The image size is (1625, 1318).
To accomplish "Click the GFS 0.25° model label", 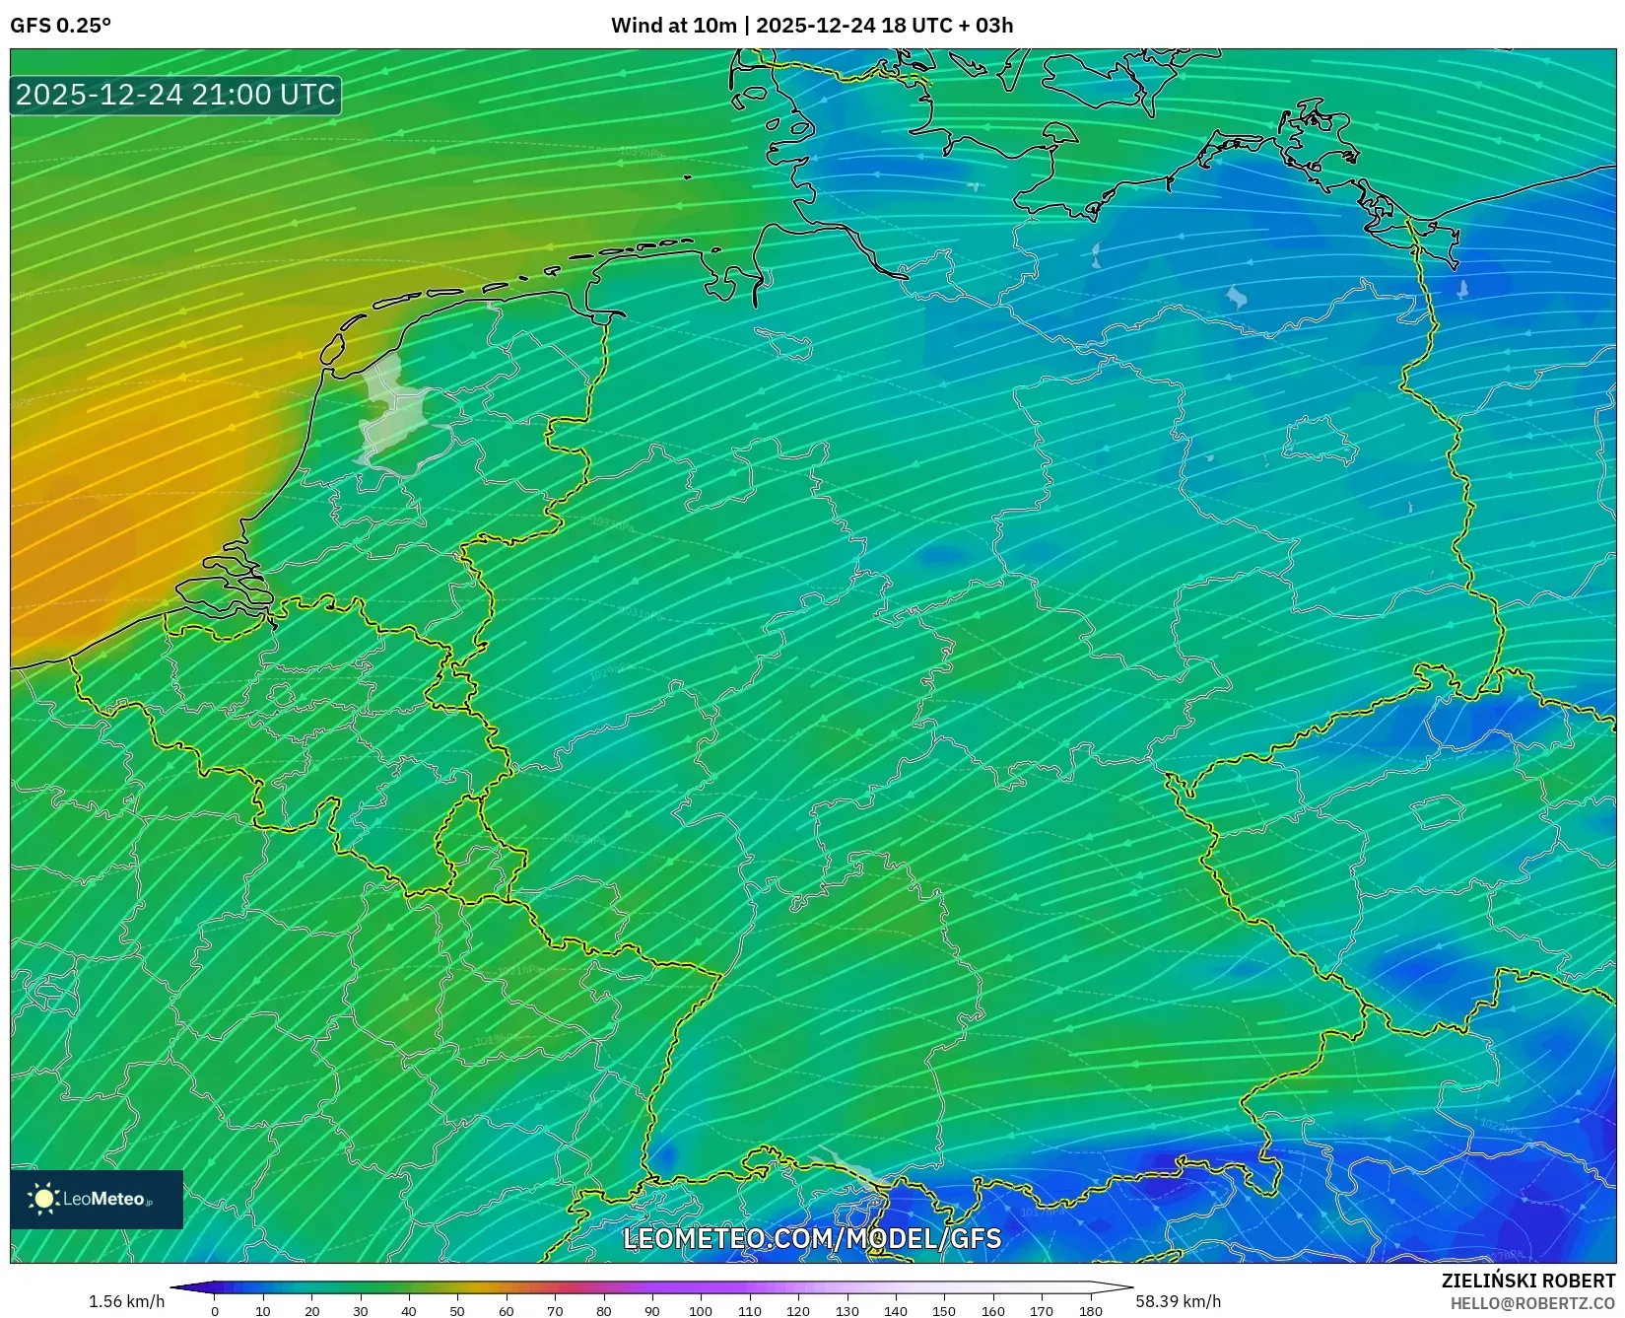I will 60,26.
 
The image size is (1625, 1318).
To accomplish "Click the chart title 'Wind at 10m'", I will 673,26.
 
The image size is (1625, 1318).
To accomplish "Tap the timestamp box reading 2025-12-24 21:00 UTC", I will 175,95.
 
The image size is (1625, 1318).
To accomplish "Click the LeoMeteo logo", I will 97,1199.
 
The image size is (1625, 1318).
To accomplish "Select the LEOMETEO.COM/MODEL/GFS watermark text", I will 812,1238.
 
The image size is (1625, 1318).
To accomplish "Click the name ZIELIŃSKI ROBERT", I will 1527,1282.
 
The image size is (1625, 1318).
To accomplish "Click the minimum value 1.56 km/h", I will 127,1301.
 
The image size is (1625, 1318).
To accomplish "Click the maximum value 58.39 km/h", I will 1178,1301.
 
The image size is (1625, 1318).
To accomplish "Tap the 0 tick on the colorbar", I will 215,1311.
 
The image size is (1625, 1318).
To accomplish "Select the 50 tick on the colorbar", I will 457,1311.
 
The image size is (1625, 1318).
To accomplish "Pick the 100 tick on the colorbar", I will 701,1311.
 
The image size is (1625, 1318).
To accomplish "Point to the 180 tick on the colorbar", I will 1090,1311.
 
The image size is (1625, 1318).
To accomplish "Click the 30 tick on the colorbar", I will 361,1311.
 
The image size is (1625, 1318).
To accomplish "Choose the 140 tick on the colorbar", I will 896,1311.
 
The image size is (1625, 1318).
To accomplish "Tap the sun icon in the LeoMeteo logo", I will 44,1199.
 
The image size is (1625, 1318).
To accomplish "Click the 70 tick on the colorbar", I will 555,1311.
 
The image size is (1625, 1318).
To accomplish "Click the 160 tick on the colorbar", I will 992,1311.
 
